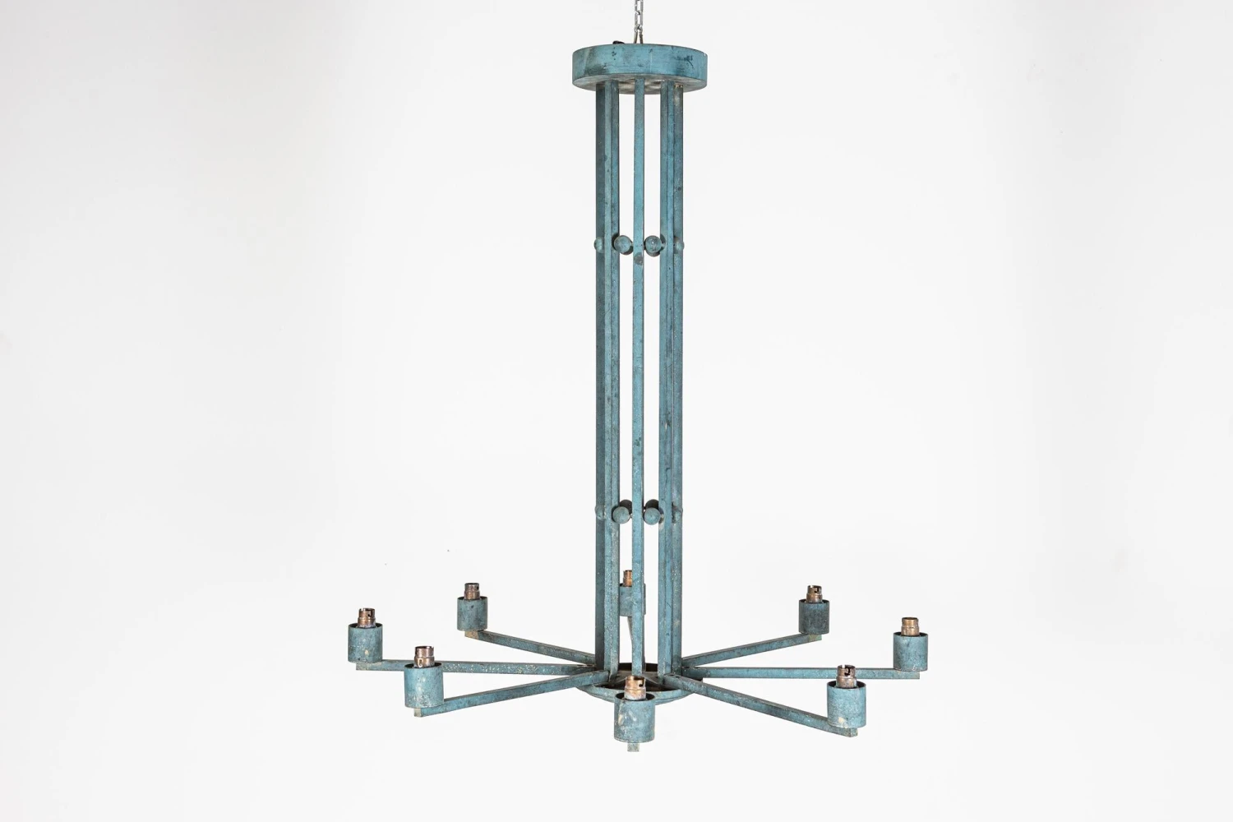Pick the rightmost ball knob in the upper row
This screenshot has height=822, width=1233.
point(678,246)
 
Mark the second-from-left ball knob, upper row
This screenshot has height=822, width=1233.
point(623,245)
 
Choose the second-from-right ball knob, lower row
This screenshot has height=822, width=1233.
point(653,516)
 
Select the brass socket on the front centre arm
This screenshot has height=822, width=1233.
point(632,686)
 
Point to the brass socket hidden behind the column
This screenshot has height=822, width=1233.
point(627,576)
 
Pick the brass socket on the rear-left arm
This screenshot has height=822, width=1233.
point(471,591)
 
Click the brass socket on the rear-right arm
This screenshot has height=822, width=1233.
point(813,593)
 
